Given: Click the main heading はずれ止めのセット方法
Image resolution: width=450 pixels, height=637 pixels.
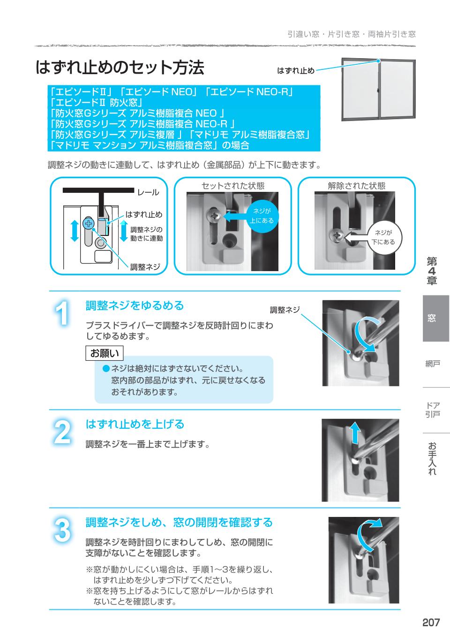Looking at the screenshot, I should coord(120,68).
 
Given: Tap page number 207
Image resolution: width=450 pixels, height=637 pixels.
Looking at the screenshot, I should coord(431,622).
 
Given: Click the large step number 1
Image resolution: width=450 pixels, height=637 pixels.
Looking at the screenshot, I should coord(62,313).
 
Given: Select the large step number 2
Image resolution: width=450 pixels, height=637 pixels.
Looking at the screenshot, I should coord(62,432).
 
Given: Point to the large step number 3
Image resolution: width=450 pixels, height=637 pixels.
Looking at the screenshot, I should coord(62,531).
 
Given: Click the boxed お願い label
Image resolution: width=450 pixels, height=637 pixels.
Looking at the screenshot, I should coord(105,353).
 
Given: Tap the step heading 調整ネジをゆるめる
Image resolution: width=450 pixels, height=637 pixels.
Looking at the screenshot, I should coord(135,306).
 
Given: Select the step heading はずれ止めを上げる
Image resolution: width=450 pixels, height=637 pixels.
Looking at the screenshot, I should coord(135,425).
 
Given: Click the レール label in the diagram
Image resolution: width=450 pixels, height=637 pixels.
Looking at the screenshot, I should coord(148,192).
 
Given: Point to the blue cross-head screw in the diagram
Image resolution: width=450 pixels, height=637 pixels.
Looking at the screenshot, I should coord(88,224).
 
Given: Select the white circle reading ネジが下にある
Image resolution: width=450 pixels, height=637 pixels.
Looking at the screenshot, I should coord(383,237).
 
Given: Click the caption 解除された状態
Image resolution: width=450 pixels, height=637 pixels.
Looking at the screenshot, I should coord(356,186).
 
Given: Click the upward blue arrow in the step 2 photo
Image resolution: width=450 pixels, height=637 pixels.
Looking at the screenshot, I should coord(355,432).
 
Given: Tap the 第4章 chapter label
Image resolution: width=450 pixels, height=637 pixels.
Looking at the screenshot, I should coord(432,271).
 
